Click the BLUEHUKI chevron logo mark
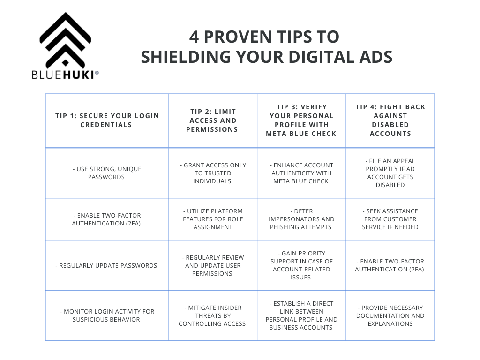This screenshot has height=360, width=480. tap(65, 40)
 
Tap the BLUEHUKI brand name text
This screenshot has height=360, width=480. tap(65, 75)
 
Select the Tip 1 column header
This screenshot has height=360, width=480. tap(107, 120)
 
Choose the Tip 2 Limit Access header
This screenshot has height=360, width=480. tap(213, 120)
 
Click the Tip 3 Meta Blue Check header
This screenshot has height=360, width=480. tap(301, 120)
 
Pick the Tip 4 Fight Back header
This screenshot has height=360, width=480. tap(390, 120)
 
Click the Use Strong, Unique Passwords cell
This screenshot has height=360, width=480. tap(107, 173)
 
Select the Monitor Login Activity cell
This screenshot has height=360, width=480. tap(107, 315)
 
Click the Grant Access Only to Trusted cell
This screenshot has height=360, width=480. tap(213, 173)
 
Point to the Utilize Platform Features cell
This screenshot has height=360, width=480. tap(213, 219)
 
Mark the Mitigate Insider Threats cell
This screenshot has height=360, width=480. tap(212, 315)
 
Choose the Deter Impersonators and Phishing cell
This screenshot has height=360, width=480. tap(301, 219)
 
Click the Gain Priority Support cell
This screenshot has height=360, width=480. tap(301, 265)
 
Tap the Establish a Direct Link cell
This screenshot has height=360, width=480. tap(301, 315)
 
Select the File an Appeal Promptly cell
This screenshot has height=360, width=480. tap(390, 173)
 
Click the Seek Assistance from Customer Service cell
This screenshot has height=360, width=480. tap(390, 219)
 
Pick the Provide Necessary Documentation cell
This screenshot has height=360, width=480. tap(390, 315)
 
